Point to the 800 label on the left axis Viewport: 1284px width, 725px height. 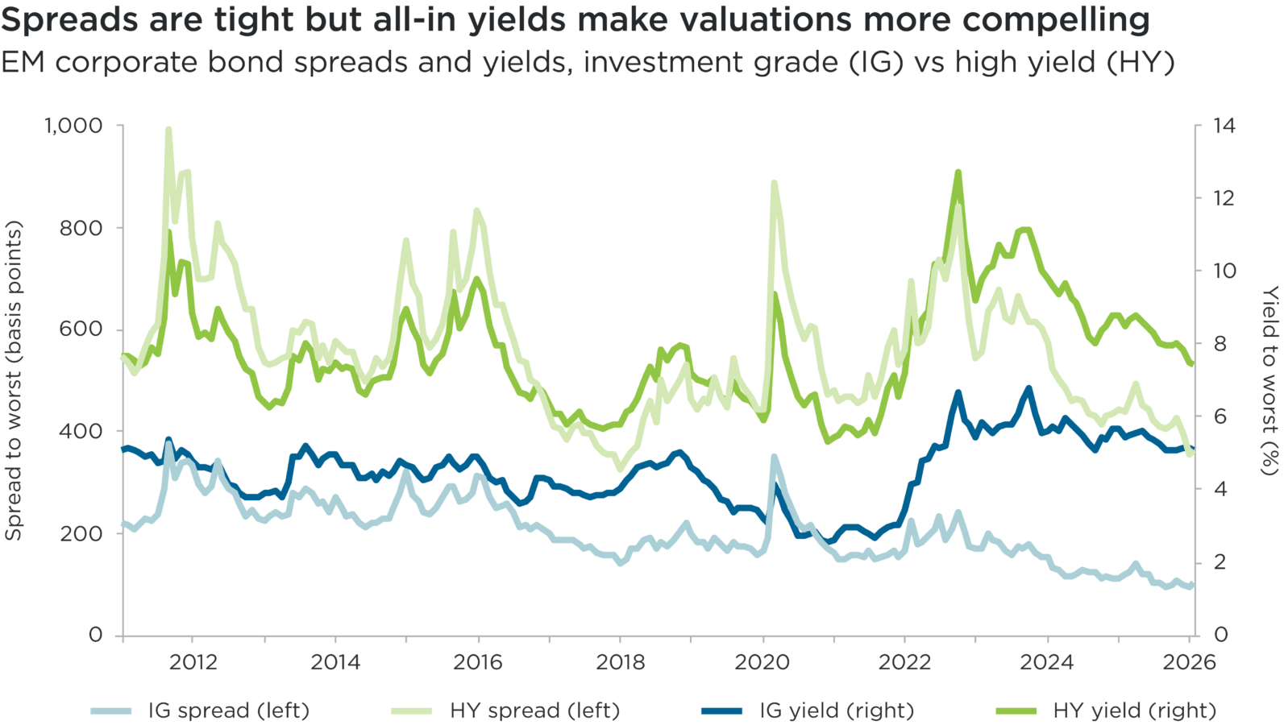click(81, 228)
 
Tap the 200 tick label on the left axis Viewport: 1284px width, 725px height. click(81, 533)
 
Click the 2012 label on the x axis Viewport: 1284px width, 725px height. click(193, 663)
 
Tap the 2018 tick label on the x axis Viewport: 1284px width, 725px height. click(621, 663)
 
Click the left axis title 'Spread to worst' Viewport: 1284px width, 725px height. click(14, 380)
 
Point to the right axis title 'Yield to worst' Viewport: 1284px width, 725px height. click(1269, 380)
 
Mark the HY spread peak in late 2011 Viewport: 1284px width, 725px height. click(168, 128)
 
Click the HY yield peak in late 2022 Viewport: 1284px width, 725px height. click(958, 172)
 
